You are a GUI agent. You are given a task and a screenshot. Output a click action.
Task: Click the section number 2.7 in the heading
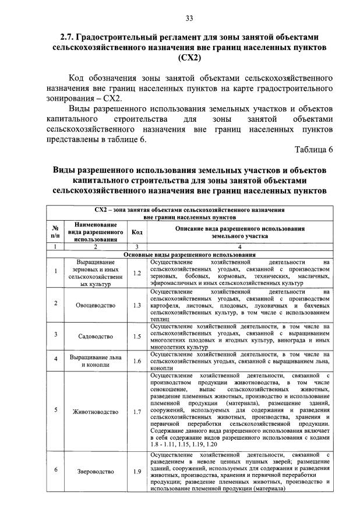point(69,37)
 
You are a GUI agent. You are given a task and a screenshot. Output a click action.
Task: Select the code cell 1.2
point(137,272)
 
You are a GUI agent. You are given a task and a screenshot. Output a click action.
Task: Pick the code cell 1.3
point(137,305)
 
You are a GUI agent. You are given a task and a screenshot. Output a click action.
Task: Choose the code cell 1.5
point(137,336)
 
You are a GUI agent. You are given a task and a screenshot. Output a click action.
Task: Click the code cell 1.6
point(137,361)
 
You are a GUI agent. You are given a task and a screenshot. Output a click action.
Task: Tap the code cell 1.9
point(137,472)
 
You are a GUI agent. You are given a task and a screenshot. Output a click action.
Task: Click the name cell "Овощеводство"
point(94,305)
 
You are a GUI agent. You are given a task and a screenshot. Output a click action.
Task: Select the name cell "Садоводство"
point(94,336)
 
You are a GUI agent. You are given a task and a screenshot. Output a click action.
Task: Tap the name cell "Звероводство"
point(94,472)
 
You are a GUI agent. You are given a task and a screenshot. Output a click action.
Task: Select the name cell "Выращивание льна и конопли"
point(94,361)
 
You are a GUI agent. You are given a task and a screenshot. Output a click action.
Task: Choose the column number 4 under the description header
point(238,247)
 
